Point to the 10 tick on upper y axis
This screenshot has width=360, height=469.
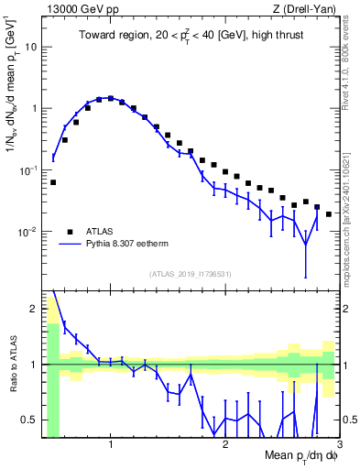[x=32, y=46]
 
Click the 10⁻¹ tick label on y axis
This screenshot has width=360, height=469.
[x=27, y=170]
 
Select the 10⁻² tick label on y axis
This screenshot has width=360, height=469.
[x=27, y=233]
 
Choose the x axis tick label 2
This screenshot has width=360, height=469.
[x=225, y=446]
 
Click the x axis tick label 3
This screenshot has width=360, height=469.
[x=339, y=446]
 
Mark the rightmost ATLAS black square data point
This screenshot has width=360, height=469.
[x=329, y=214]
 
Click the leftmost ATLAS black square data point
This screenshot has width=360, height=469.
[x=53, y=182]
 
